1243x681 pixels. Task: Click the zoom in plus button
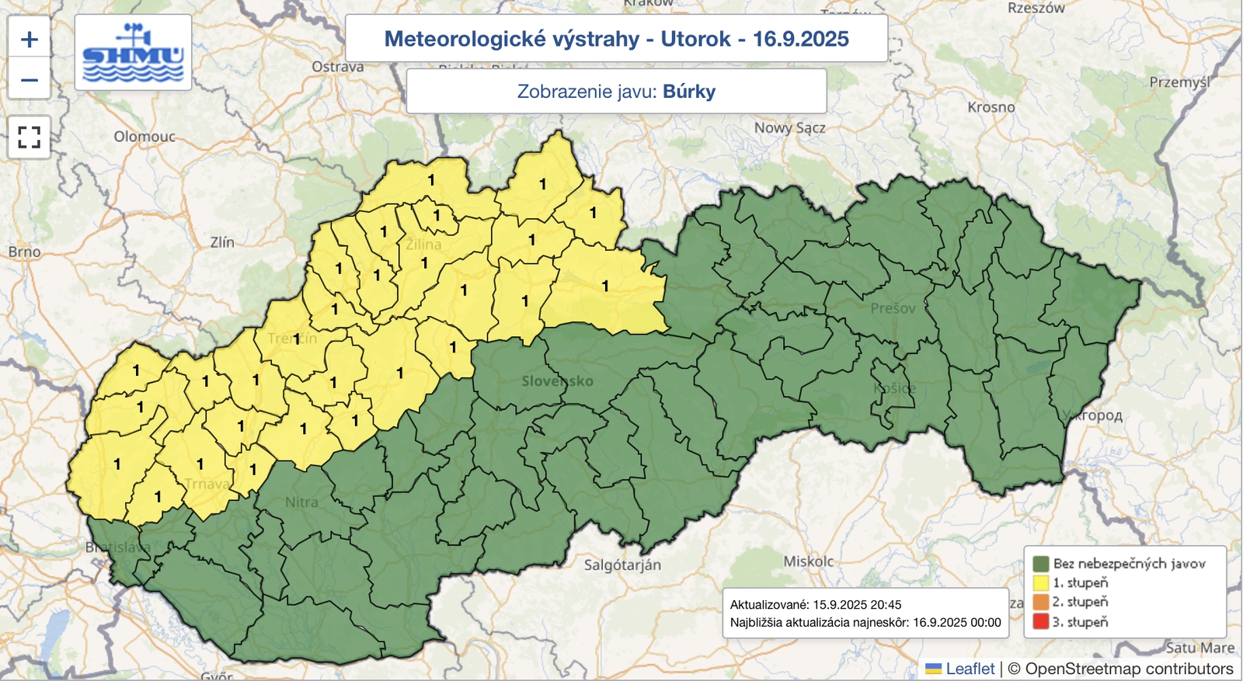tap(30, 40)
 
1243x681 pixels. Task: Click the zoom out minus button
tap(30, 79)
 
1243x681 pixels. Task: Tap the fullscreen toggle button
tap(30, 137)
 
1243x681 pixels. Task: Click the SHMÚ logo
tap(133, 53)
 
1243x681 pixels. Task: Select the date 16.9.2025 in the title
tap(800, 39)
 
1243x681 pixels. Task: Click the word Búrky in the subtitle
tap(689, 92)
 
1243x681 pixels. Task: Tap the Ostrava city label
tap(337, 67)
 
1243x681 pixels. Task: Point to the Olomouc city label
tap(144, 137)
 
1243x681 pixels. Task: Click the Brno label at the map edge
tap(24, 252)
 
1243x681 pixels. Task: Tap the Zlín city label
tap(222, 242)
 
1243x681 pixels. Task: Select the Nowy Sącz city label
tap(789, 127)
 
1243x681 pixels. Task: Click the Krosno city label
tap(991, 107)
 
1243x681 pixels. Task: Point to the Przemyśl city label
tap(1179, 82)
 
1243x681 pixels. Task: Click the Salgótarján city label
tap(622, 565)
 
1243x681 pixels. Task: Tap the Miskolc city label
tap(808, 561)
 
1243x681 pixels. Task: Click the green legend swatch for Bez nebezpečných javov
tap(1041, 564)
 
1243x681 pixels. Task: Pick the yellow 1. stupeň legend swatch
tap(1041, 582)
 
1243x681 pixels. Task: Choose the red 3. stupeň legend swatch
tap(1041, 621)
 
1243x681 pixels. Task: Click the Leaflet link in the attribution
tap(970, 669)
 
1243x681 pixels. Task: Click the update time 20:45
tap(886, 604)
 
